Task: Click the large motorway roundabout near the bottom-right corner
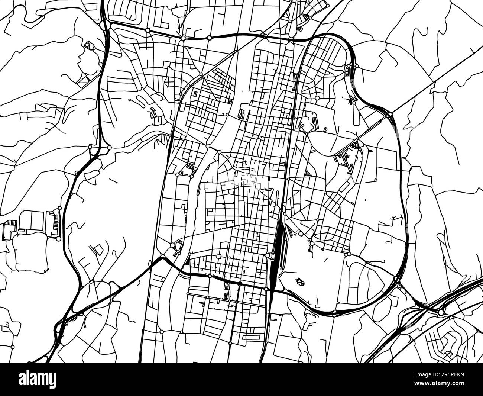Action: [x=441, y=312]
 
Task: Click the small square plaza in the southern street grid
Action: [x=219, y=256]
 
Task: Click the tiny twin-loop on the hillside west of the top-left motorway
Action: [x=88, y=45]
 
